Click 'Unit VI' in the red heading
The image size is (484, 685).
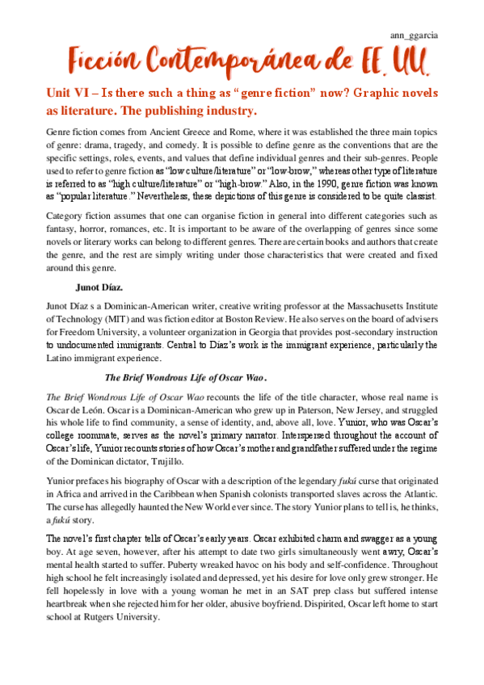point(66,93)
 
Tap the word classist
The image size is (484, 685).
point(417,196)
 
